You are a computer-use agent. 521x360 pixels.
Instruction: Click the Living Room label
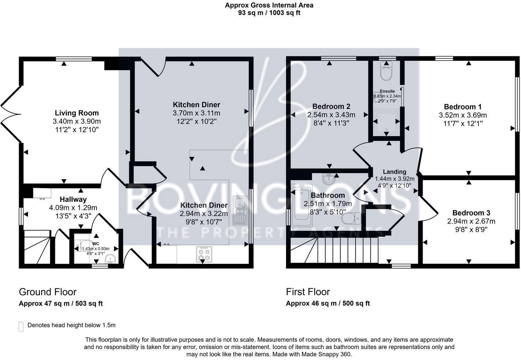(76, 113)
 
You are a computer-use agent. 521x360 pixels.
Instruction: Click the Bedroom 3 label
(471, 213)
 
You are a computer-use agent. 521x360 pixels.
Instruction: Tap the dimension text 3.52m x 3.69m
(463, 115)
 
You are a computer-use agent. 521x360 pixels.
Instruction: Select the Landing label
(394, 172)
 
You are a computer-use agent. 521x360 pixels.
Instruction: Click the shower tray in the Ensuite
(387, 122)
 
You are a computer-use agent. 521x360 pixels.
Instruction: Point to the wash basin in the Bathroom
(330, 179)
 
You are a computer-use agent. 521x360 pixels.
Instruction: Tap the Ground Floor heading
(48, 292)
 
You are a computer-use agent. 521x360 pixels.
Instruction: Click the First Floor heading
(308, 292)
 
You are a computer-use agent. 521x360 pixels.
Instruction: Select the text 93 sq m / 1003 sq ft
(269, 13)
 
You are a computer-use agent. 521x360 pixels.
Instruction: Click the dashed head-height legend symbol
(21, 326)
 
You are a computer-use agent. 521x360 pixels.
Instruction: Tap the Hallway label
(73, 199)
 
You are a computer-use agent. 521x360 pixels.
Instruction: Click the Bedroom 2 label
(331, 106)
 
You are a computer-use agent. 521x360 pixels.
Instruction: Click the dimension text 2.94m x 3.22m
(204, 214)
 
